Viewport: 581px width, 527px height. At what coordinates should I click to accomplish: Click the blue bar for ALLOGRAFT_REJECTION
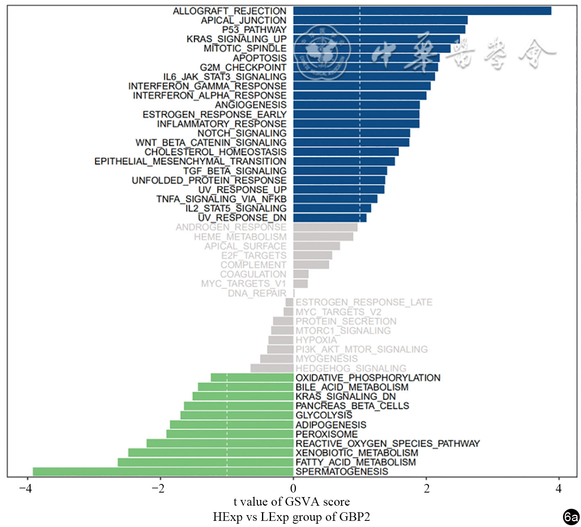tap(422, 11)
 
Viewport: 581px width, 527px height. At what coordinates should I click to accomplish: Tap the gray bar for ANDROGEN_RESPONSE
tap(325, 227)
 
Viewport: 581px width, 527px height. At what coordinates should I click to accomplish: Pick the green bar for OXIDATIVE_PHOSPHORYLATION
tap(252, 377)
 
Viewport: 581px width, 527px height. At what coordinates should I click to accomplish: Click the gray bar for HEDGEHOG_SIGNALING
tap(272, 368)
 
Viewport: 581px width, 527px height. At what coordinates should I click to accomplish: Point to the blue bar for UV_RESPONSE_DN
tap(330, 218)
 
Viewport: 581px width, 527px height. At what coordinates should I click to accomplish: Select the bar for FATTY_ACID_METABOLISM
tap(205, 462)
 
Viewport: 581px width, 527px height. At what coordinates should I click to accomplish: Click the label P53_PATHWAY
tap(254, 30)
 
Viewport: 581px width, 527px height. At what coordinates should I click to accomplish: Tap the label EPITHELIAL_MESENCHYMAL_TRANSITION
tap(190, 161)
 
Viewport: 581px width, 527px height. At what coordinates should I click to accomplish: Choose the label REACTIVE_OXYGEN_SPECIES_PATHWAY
tap(387, 443)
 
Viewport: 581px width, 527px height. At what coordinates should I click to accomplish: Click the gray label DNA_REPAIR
tap(257, 293)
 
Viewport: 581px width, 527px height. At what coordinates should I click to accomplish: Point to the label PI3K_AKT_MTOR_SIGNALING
tap(361, 349)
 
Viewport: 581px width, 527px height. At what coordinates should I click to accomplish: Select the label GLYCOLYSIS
tap(324, 415)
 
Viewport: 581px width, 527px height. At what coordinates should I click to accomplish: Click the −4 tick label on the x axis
tap(25, 488)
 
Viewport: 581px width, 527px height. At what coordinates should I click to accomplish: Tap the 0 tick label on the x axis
tap(293, 488)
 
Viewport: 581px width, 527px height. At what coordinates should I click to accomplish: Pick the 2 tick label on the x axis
tap(426, 488)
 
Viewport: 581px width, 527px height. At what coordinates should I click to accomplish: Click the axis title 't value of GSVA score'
tap(292, 502)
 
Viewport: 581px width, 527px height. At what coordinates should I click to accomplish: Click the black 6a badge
tap(571, 517)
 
